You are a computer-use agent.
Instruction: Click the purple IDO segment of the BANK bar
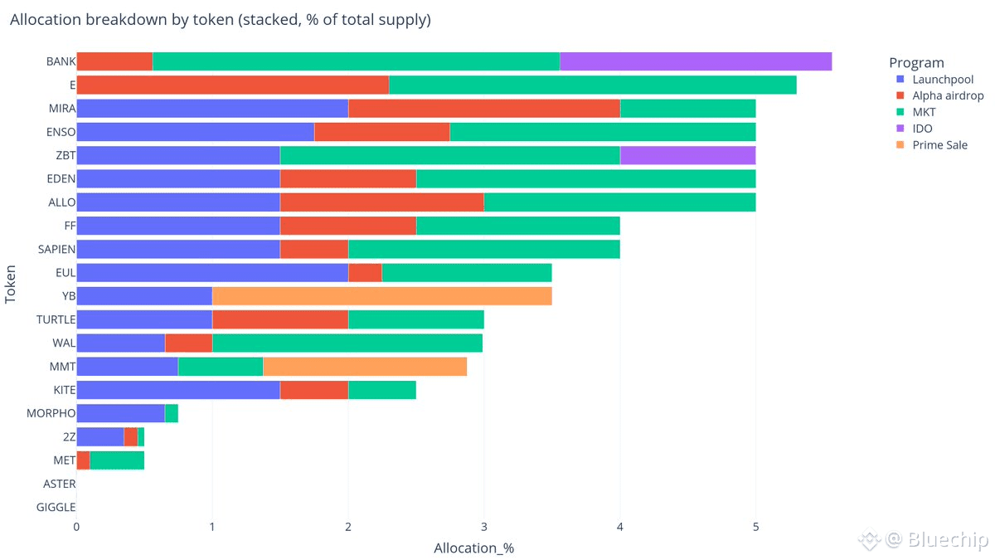tap(695, 62)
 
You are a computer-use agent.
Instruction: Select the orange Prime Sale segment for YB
tap(381, 296)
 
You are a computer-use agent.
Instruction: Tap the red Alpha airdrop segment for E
tap(232, 85)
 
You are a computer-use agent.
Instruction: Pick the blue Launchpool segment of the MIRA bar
tap(211, 109)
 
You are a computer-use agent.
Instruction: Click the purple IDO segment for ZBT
tap(687, 156)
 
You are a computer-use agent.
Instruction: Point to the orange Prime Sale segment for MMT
tap(365, 367)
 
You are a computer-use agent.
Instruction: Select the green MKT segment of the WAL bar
tap(347, 343)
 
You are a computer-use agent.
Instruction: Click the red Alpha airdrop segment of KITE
tap(313, 390)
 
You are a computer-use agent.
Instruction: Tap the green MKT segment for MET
tap(116, 460)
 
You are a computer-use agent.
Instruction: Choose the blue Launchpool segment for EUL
tap(211, 273)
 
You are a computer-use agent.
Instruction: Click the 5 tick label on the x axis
tap(755, 526)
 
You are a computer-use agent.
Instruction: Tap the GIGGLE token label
tap(56, 507)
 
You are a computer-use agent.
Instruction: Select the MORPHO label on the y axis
tap(51, 413)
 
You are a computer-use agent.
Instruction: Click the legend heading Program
tap(916, 63)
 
